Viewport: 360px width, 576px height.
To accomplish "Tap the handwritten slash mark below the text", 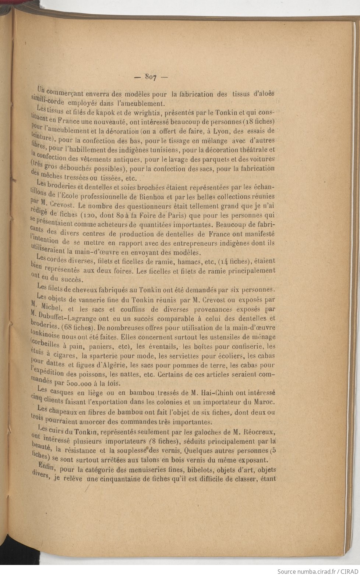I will pos(88,488).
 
